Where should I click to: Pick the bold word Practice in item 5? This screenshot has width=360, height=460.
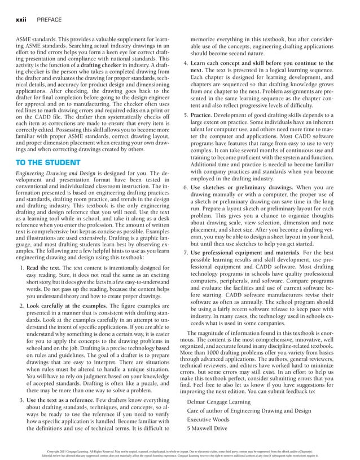(205, 115)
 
